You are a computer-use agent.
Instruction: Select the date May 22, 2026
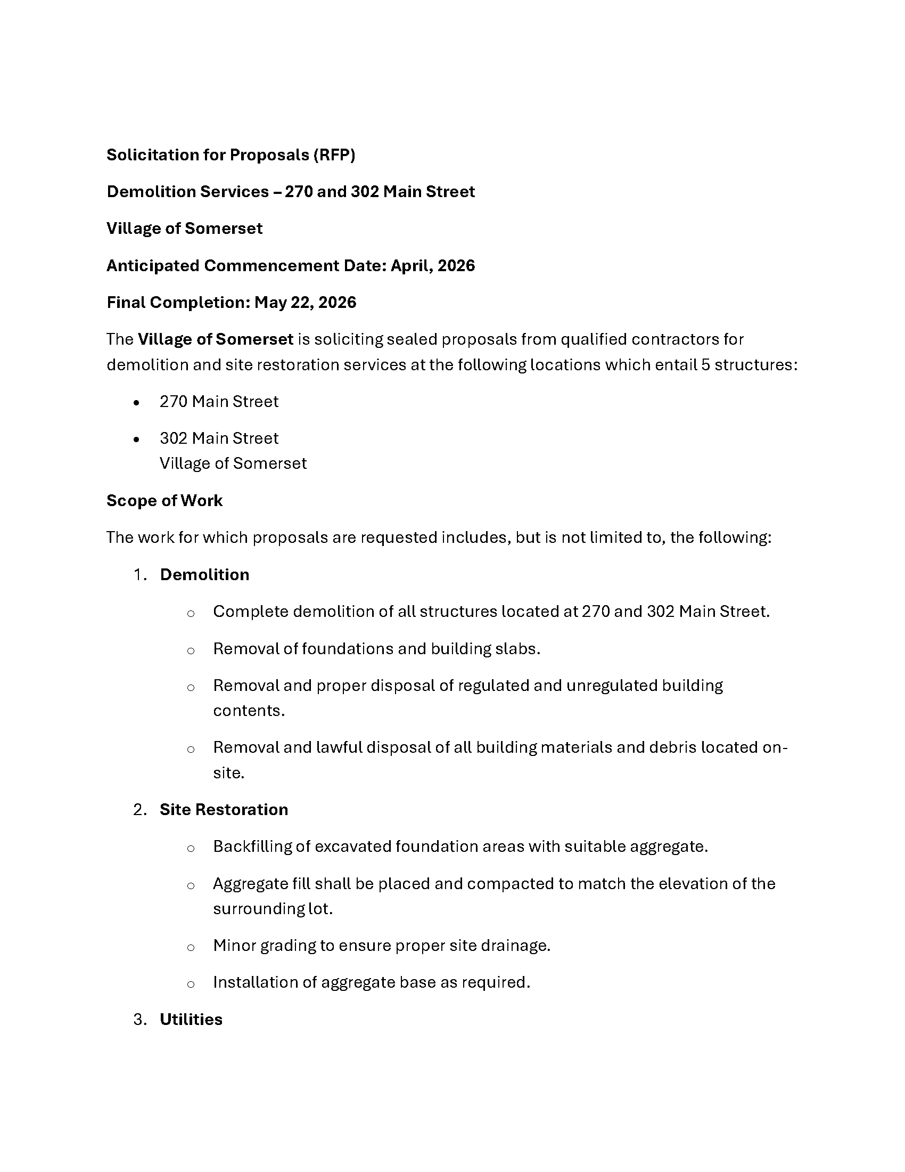pyautogui.click(x=305, y=303)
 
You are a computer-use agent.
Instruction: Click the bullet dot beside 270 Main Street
pyautogui.click(x=137, y=402)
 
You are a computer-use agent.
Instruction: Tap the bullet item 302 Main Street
pyautogui.click(x=219, y=438)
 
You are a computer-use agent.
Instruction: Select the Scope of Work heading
pyautogui.click(x=164, y=501)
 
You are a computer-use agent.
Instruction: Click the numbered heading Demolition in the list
pyautogui.click(x=204, y=575)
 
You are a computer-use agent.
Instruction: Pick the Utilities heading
pyautogui.click(x=191, y=1020)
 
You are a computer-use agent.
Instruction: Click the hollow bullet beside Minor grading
pyautogui.click(x=191, y=947)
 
